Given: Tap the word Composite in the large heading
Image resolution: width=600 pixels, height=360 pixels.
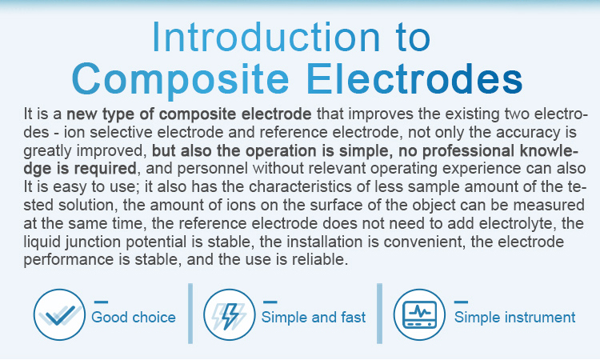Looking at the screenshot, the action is pos(180,79).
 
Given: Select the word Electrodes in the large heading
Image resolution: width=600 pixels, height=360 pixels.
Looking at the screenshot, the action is pos(414,78).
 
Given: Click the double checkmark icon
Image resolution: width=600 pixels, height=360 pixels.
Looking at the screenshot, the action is pos(60,314).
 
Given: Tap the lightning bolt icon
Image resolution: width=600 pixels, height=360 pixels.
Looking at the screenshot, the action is pos(230,314).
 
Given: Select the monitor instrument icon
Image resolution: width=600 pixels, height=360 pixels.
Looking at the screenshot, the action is pos(419,314).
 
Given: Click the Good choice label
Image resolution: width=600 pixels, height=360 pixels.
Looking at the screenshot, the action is pos(134,317).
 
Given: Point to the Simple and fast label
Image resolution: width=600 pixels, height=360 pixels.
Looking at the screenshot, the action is pos(314,317).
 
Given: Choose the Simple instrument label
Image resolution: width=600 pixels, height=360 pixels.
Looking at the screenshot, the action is pos(514,317).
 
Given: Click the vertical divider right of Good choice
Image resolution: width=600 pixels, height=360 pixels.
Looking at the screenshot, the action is pos(190,314).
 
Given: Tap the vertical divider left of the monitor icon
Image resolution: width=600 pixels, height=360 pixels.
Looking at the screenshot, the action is pos(379,314).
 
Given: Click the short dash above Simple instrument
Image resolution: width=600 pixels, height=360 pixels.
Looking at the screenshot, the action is pos(461,302).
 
